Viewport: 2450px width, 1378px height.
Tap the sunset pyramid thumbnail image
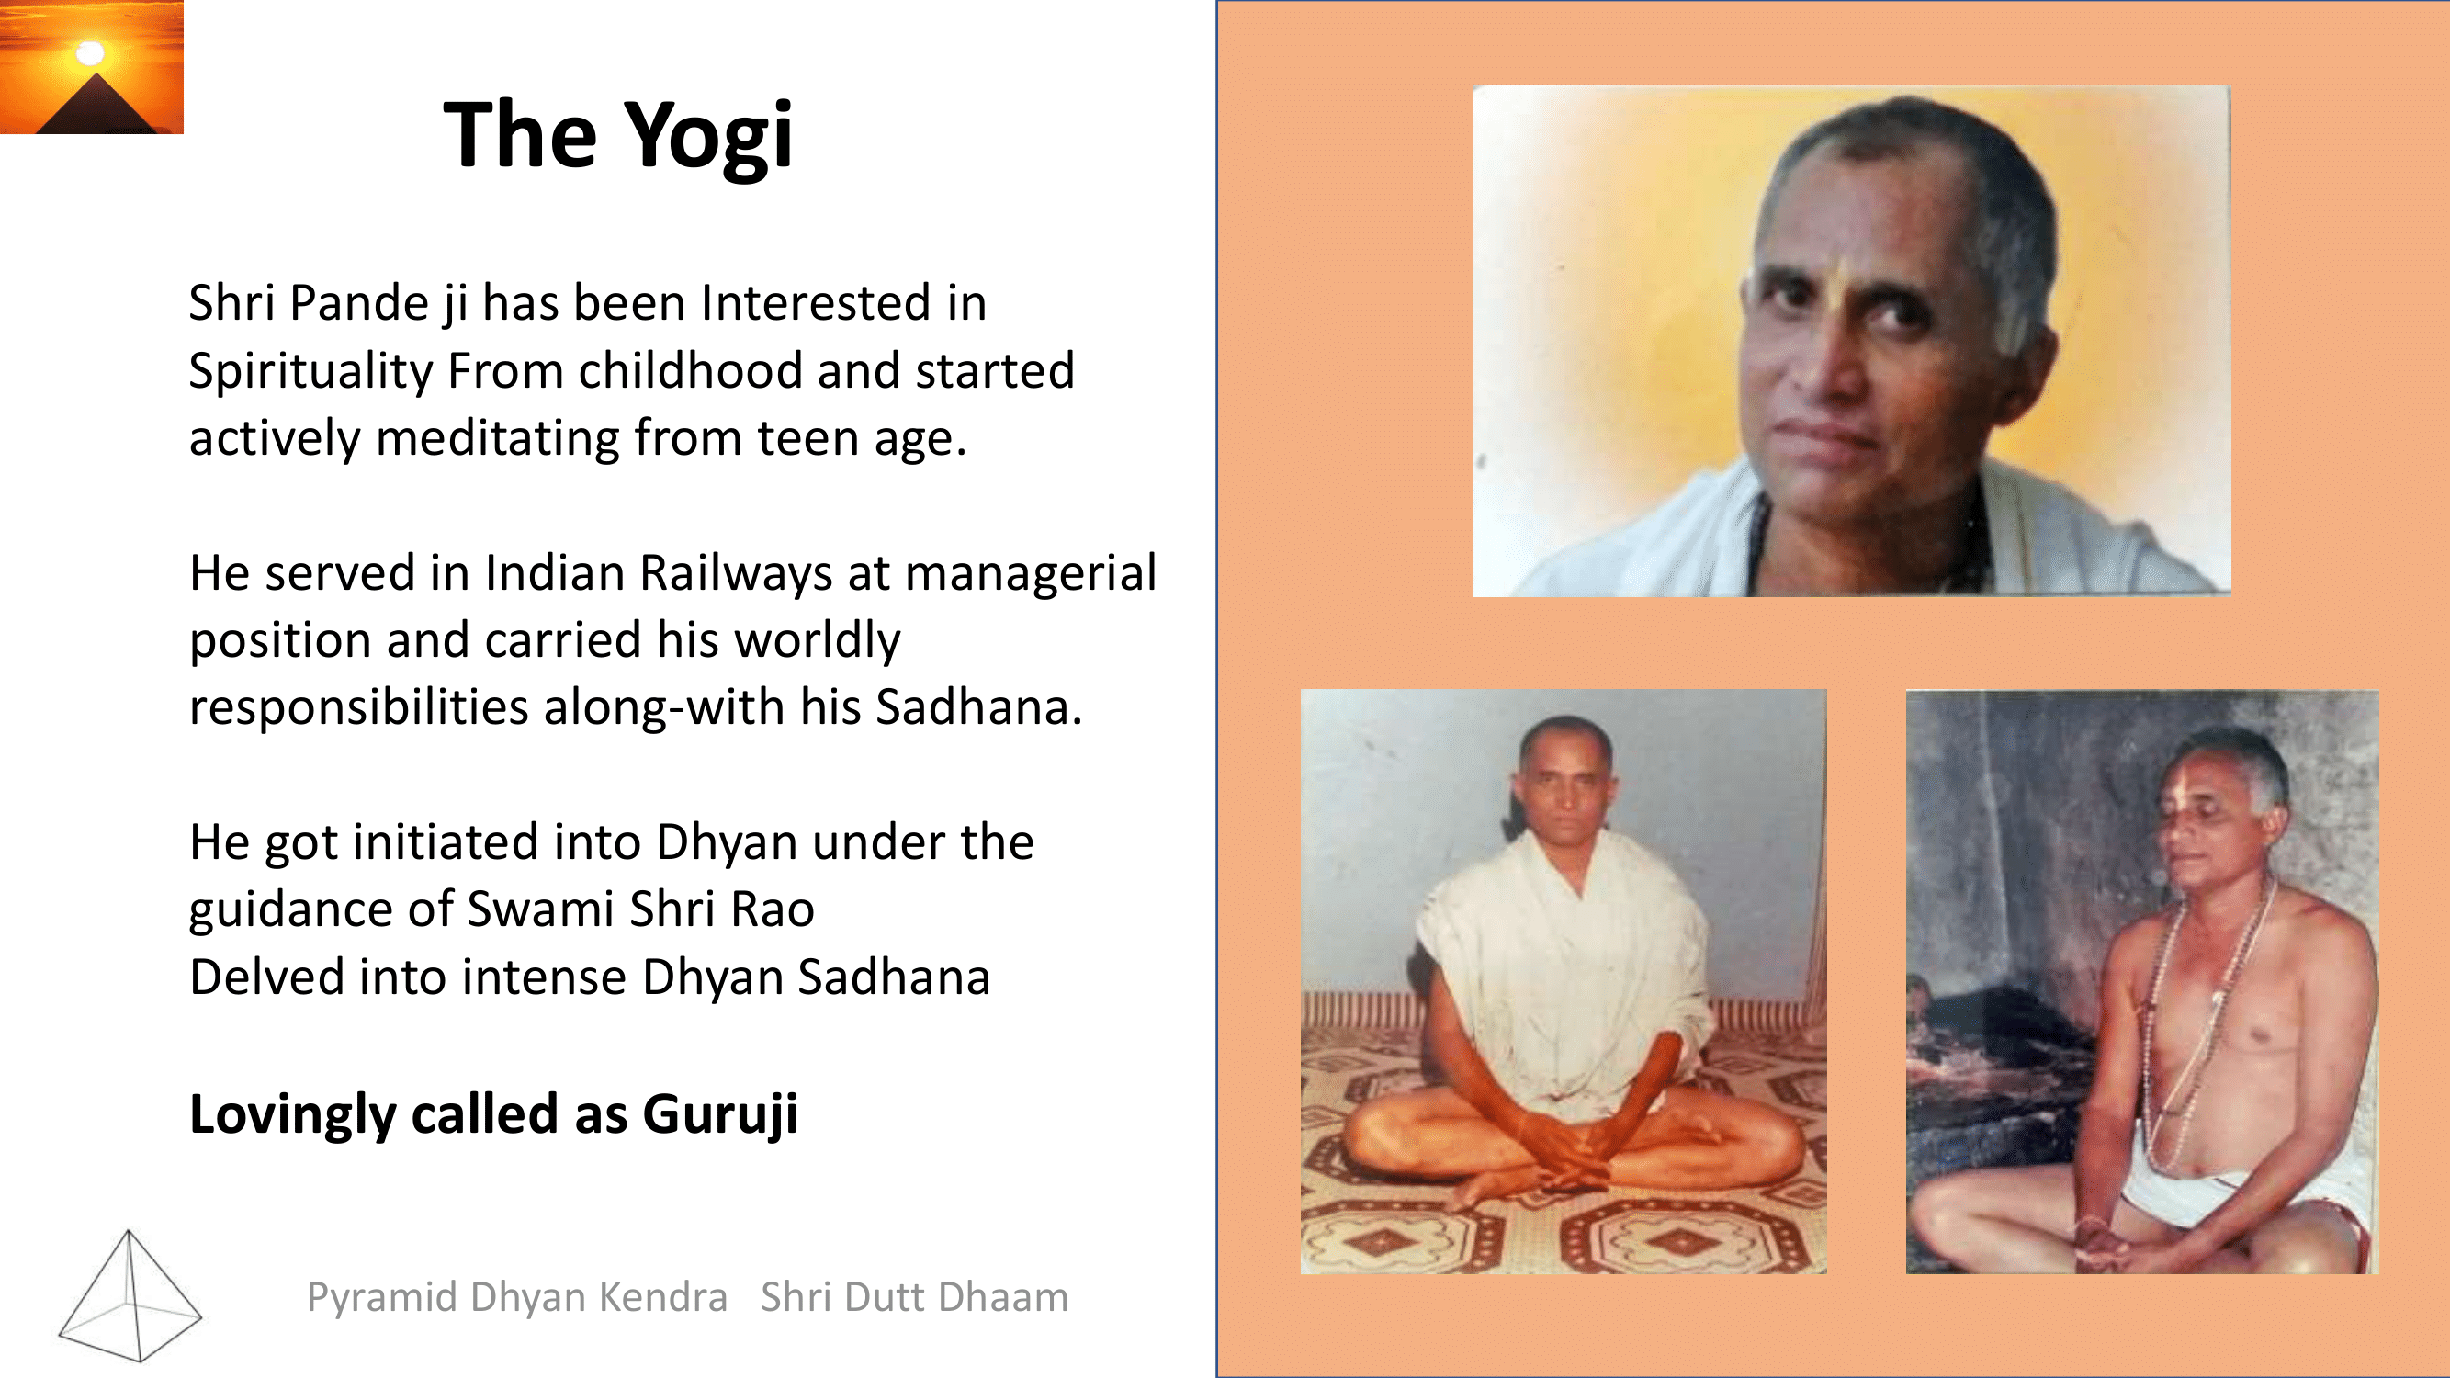tap(91, 66)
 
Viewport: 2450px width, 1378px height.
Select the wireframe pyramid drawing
tap(130, 1295)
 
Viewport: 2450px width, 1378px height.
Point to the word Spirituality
tap(310, 371)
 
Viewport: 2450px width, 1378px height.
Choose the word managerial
tap(1030, 574)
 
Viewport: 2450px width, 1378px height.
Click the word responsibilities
tap(358, 707)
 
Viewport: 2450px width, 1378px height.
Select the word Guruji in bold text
tap(720, 1114)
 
